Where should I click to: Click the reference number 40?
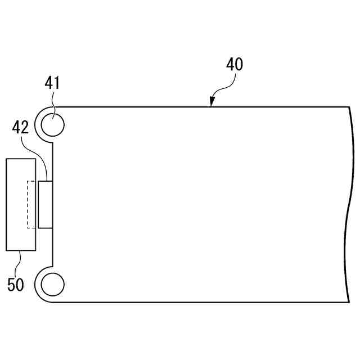[235, 64]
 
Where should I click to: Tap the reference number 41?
[52, 83]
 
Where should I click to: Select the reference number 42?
[20, 127]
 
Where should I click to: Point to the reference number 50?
[16, 285]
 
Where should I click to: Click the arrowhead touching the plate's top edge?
[212, 101]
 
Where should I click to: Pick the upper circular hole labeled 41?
[52, 125]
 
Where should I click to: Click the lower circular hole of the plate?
[52, 285]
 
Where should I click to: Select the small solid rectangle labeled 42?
[46, 205]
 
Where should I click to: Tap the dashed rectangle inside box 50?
[31, 205]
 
